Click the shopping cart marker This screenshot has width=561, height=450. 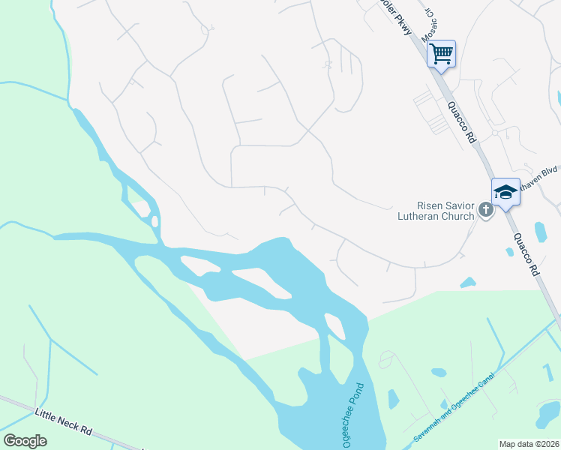pyautogui.click(x=442, y=53)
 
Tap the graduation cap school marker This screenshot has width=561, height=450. pyautogui.click(x=505, y=192)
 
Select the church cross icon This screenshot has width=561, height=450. pyautogui.click(x=486, y=210)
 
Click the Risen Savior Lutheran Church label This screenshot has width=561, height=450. pyautogui.click(x=436, y=211)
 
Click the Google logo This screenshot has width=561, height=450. pyautogui.click(x=25, y=440)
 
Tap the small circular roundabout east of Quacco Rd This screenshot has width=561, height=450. pyautogui.click(x=495, y=133)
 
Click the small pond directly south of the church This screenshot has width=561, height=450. pyautogui.click(x=468, y=283)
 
